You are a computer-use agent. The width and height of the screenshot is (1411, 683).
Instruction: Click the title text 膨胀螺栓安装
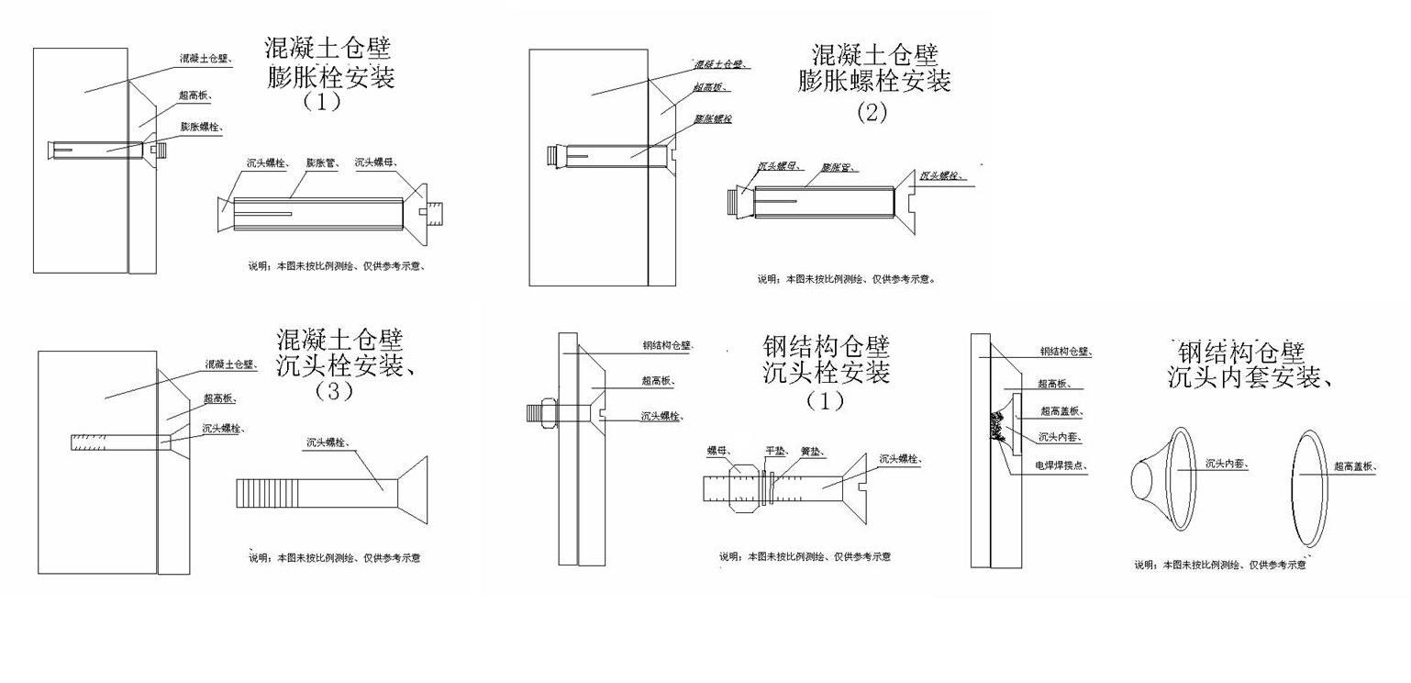click(874, 81)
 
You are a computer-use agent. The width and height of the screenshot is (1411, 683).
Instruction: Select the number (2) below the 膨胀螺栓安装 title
click(872, 113)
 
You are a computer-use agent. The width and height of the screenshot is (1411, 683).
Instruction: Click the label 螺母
click(718, 451)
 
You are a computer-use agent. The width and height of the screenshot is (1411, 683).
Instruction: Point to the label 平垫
click(774, 451)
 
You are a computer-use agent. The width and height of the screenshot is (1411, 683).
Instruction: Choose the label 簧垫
click(810, 451)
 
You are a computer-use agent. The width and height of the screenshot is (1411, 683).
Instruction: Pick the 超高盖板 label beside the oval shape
click(1356, 467)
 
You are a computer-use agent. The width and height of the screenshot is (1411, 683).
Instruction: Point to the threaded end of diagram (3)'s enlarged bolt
click(255, 493)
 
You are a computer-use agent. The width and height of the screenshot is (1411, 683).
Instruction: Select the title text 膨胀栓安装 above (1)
click(331, 77)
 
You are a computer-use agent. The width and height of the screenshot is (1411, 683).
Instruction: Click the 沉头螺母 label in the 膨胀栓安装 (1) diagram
click(375, 162)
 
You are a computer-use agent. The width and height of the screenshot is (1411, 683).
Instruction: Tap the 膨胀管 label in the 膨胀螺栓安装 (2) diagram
click(839, 168)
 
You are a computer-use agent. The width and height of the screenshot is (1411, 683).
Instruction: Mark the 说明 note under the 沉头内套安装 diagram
click(1220, 565)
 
